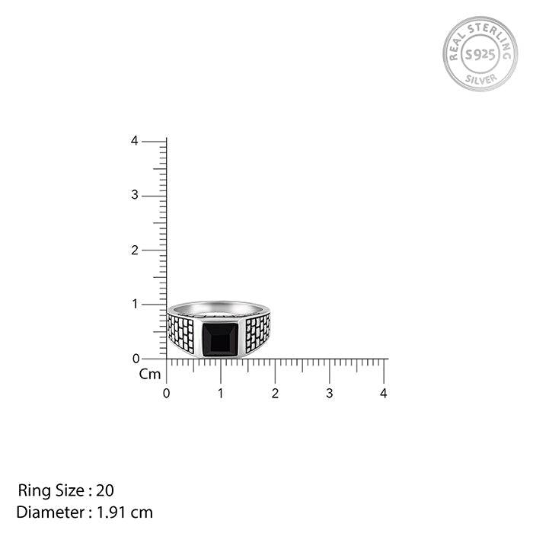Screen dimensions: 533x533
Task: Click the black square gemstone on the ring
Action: point(220,340)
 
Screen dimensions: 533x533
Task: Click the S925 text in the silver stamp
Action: point(480,54)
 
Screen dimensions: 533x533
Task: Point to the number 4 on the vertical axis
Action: point(134,141)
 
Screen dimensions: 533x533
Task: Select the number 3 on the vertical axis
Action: point(134,196)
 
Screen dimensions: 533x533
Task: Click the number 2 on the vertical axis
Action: point(134,250)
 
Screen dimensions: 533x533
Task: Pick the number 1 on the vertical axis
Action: point(136,304)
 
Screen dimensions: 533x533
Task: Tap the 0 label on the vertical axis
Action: point(136,358)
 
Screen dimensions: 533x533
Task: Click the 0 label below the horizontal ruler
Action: point(166,394)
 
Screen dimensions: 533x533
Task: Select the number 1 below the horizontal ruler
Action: point(221,394)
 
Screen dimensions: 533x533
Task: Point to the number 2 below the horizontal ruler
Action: point(275,394)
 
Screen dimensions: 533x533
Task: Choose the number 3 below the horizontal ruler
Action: point(329,394)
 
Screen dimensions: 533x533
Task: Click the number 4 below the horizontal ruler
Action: point(384,394)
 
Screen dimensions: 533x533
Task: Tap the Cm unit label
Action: point(149,374)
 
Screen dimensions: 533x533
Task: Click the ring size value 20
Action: point(105,490)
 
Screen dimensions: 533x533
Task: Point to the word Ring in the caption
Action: point(32,490)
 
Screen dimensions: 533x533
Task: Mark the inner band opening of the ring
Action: point(219,310)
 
